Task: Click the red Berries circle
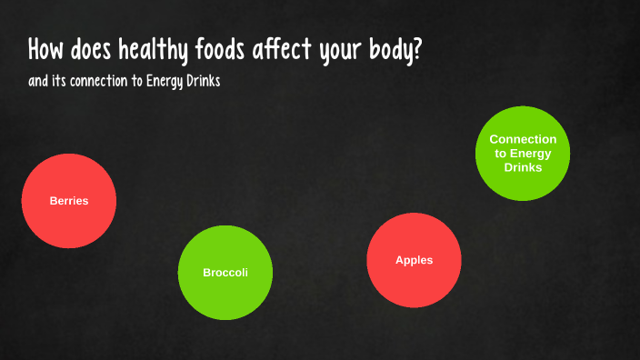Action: click(69, 201)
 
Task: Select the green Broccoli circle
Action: click(225, 273)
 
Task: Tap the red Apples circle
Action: click(414, 260)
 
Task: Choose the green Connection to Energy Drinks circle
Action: click(523, 154)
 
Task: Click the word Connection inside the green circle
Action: click(523, 139)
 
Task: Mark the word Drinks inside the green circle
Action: click(523, 168)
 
